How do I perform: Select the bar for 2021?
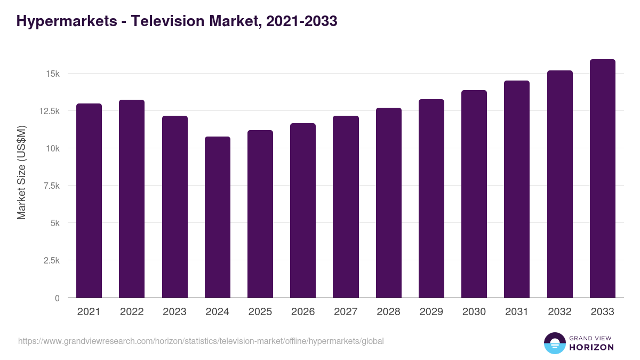[x=89, y=201]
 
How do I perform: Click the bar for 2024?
[x=218, y=217]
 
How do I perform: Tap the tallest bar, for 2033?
[x=603, y=179]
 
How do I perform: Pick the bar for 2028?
[x=389, y=203]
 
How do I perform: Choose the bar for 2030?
[x=474, y=194]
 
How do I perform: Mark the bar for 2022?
[x=132, y=199]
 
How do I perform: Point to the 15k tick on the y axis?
[x=52, y=74]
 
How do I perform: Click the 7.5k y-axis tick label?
[x=51, y=186]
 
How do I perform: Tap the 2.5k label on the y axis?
[x=51, y=260]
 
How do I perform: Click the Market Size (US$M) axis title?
[x=21, y=172]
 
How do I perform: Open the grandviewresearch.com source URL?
[x=201, y=341]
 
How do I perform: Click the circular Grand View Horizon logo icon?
[x=554, y=343]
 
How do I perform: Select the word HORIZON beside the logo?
[x=591, y=347]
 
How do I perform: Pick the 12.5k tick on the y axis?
[x=49, y=111]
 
